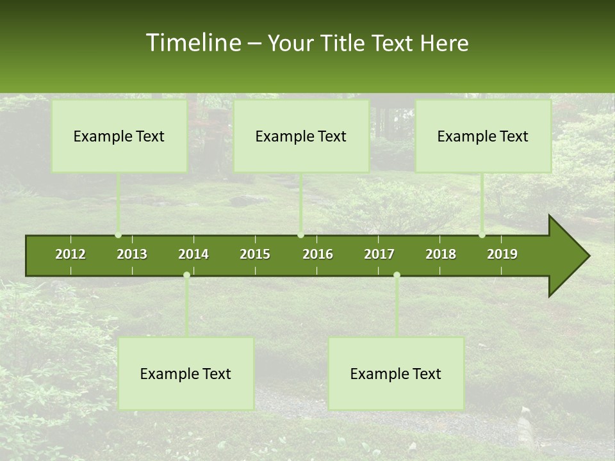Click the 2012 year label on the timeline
tap(70, 254)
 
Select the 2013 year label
tap(132, 254)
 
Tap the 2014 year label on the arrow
tap(193, 254)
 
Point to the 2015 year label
tap(255, 254)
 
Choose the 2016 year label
tap(318, 254)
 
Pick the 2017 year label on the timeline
tap(379, 254)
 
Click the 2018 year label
tap(441, 254)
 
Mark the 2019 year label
tap(502, 254)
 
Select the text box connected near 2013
tap(119, 136)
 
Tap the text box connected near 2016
tap(301, 136)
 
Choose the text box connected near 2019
tap(483, 136)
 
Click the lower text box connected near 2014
tap(186, 374)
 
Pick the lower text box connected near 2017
tap(396, 374)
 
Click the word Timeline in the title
tap(193, 43)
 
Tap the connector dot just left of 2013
tap(118, 235)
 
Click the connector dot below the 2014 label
tap(186, 275)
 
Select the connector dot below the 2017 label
tap(397, 275)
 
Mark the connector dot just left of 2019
tap(482, 235)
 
